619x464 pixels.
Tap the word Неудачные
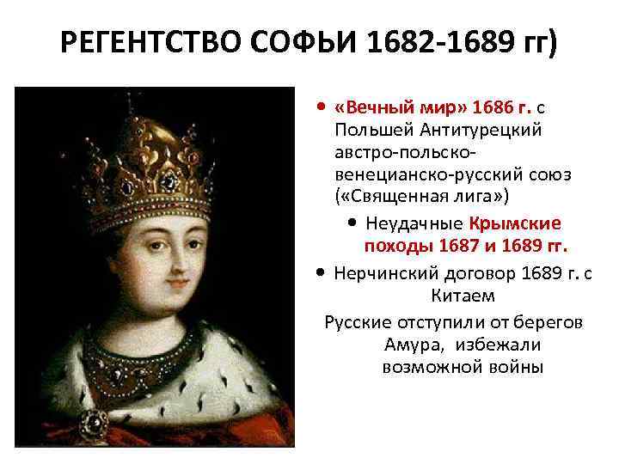(x=414, y=224)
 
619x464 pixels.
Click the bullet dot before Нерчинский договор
(x=320, y=274)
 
